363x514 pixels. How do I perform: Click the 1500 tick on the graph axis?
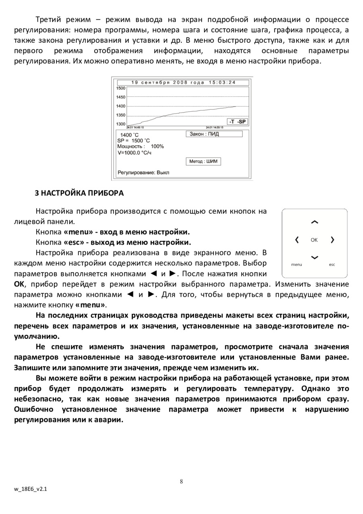click(121, 88)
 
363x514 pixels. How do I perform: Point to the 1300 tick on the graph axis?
click(121, 124)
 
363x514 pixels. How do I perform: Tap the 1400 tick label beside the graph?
click(121, 106)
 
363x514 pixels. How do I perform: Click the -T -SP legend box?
click(238, 121)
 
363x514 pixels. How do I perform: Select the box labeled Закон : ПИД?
click(214, 134)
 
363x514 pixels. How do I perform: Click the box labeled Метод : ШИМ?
click(203, 161)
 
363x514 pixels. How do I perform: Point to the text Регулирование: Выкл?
click(143, 172)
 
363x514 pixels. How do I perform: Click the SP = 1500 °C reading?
click(134, 140)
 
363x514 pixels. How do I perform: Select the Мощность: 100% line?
click(140, 146)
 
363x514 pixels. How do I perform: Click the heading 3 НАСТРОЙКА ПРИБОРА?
click(79, 193)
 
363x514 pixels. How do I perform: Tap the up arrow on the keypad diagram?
click(315, 222)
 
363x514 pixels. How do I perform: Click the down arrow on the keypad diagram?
click(315, 257)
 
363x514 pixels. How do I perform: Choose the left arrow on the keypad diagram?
click(297, 240)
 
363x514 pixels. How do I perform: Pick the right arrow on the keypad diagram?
click(332, 240)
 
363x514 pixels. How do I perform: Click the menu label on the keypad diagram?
click(296, 265)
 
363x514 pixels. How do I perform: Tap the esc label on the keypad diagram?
click(332, 265)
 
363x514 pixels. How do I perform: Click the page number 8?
click(181, 481)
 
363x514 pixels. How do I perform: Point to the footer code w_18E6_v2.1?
click(30, 489)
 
